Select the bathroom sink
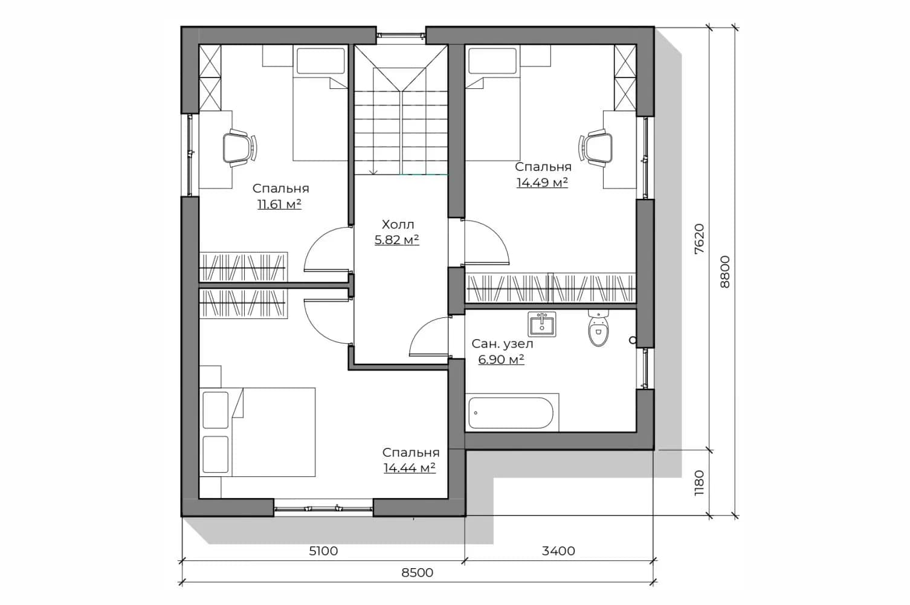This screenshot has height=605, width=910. pyautogui.click(x=542, y=324)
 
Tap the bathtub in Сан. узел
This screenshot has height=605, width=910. pyautogui.click(x=511, y=412)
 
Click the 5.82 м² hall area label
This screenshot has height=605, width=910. pyautogui.click(x=396, y=240)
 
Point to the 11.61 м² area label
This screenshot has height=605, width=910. pyautogui.click(x=280, y=204)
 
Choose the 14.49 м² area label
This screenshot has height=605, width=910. pyautogui.click(x=542, y=183)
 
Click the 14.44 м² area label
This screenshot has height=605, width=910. pyautogui.click(x=410, y=468)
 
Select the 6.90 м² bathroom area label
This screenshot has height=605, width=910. pyautogui.click(x=501, y=360)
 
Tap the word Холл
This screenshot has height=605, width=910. pyautogui.click(x=398, y=224)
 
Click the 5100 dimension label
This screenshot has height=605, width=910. pyautogui.click(x=323, y=551)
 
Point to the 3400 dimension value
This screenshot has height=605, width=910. pyautogui.click(x=558, y=551)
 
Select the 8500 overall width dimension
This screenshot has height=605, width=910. pyautogui.click(x=417, y=572)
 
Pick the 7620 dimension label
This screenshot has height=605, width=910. pyautogui.click(x=699, y=239)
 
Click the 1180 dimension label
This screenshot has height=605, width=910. pyautogui.click(x=699, y=483)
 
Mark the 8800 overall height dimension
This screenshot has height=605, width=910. pyautogui.click(x=724, y=272)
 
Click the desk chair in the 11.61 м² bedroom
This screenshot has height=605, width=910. pyautogui.click(x=240, y=148)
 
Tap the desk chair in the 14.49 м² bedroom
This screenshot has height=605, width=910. pyautogui.click(x=596, y=148)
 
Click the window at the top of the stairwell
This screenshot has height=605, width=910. pyautogui.click(x=401, y=36)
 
